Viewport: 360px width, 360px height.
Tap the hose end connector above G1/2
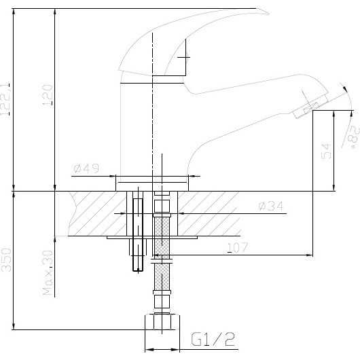161,323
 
